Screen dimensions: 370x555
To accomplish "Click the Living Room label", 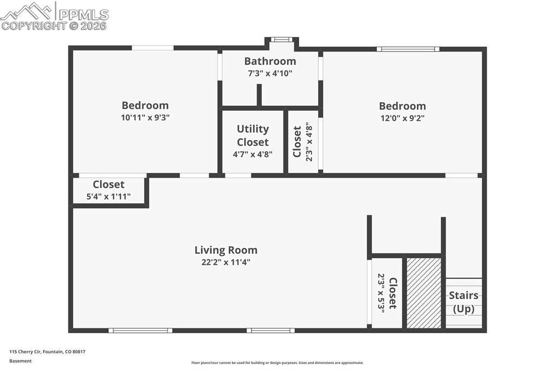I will click(225, 250).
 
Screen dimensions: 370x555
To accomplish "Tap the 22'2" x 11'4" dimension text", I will click(225, 262).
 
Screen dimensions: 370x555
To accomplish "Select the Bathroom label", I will click(270, 61).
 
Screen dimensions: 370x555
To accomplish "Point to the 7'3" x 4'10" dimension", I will click(270, 73).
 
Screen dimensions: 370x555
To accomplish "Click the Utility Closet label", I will click(253, 136).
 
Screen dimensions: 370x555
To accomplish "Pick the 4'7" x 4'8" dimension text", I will click(253, 154).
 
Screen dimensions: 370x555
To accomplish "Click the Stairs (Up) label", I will click(463, 302).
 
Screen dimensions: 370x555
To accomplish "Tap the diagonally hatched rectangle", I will click(424, 293).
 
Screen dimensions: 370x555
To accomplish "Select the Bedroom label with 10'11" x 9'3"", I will click(145, 105).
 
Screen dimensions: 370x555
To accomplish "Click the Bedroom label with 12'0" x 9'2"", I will click(402, 106).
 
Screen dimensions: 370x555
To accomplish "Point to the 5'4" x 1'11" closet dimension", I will click(108, 196).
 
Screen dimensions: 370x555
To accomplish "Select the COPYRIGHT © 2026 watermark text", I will click(54, 25).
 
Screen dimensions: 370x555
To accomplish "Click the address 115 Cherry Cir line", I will click(47, 352).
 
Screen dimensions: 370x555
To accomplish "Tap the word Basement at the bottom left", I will click(21, 361).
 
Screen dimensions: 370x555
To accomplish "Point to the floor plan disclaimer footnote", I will click(277, 363).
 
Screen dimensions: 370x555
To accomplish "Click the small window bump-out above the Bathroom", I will click(281, 40).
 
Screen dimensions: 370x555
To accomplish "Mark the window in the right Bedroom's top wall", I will click(408, 49).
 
